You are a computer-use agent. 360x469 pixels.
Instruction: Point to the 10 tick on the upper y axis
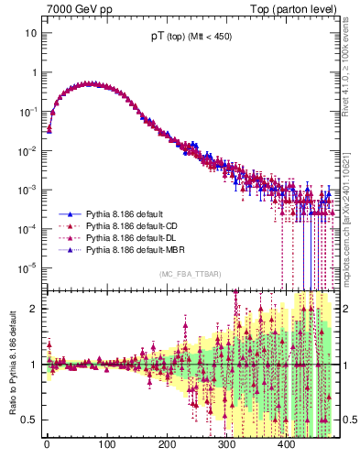click(30, 33)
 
